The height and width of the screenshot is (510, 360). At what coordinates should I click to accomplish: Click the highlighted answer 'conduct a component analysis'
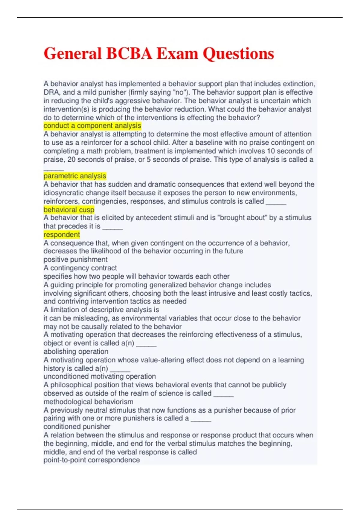92,126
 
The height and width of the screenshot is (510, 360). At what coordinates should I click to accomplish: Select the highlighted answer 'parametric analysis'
75,176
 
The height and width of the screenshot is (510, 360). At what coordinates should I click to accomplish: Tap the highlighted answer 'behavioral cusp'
69,210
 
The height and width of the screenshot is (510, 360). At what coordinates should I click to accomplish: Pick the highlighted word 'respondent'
61,235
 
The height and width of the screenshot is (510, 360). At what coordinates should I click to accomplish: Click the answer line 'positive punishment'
75,259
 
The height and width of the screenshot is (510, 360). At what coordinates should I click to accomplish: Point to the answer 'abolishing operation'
76,352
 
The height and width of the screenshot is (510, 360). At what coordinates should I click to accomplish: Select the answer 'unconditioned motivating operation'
100,376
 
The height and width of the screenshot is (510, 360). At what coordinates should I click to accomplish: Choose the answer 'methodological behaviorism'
88,402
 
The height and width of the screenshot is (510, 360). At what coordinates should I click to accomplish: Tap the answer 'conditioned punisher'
77,427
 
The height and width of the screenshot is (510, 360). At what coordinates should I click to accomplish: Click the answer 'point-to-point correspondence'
91,460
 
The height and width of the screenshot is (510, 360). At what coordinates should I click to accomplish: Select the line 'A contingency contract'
80,268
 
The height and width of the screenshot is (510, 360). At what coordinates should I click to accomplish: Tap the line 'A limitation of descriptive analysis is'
101,310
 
